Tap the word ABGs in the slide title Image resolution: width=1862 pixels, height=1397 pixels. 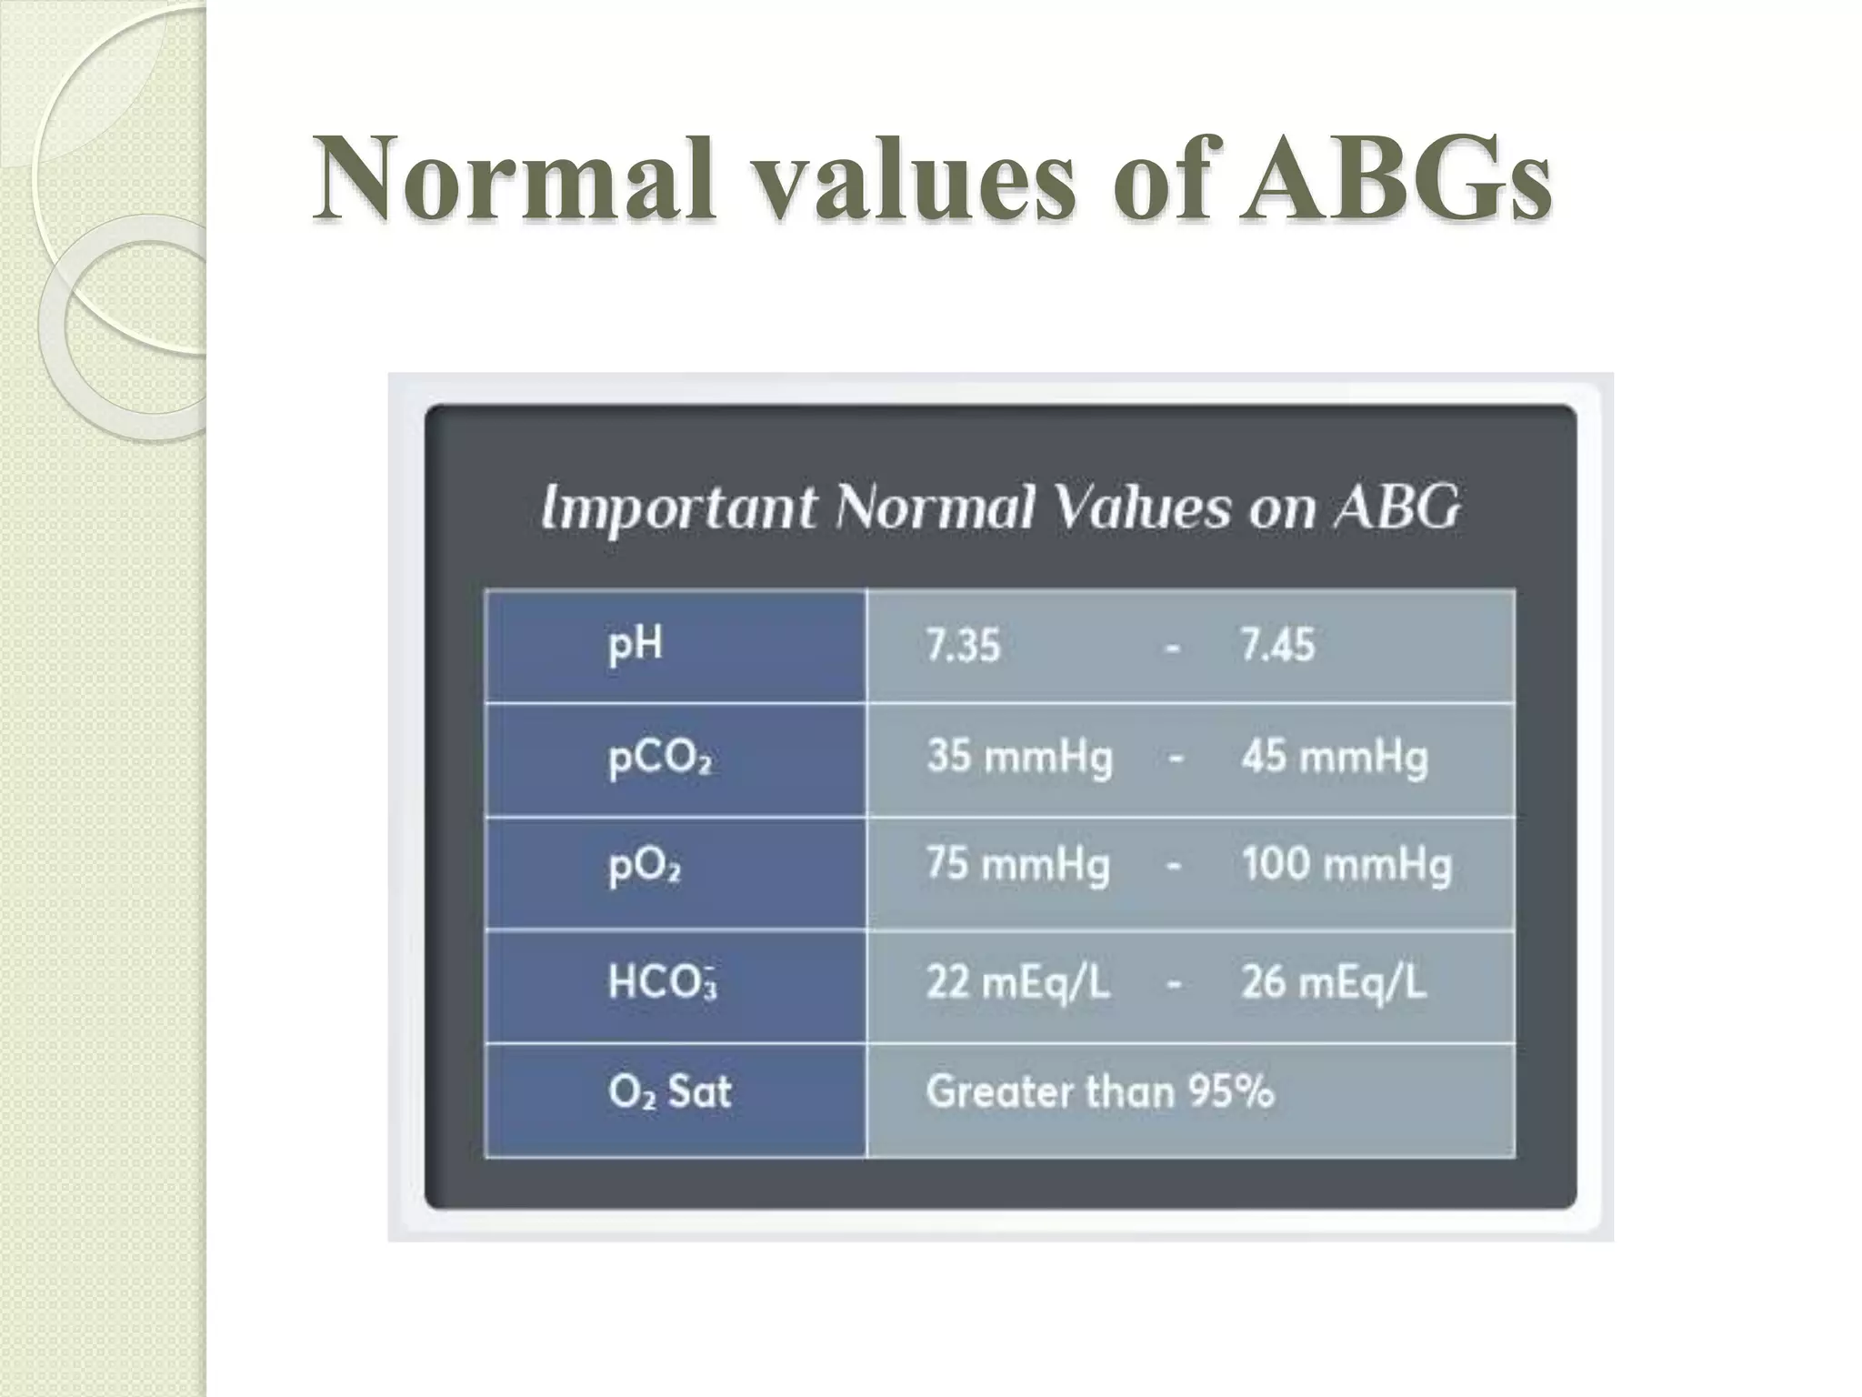pos(1396,177)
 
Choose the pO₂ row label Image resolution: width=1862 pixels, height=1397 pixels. pos(645,867)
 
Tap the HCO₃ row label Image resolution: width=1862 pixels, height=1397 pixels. pos(662,983)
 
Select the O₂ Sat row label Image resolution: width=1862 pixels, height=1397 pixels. pos(669,1090)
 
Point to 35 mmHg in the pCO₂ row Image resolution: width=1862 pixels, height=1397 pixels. pos(1019,758)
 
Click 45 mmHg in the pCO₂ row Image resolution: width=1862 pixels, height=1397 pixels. pos(1335,758)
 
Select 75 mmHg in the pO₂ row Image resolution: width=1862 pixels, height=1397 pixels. pos(1017,865)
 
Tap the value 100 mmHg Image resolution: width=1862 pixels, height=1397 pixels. pos(1346,865)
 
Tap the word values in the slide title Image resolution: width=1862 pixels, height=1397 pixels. pos(909,177)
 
